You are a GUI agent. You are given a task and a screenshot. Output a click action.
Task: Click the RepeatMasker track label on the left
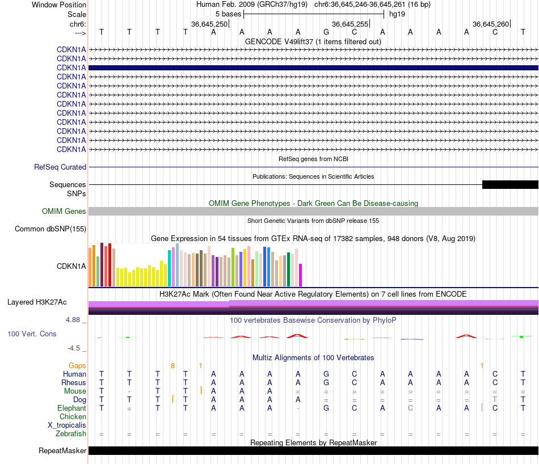tap(62, 451)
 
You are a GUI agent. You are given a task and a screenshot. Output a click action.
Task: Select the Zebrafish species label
tap(71, 434)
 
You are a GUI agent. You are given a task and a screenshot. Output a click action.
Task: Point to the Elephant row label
tap(71, 408)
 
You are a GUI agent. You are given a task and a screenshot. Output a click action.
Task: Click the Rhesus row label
tap(74, 382)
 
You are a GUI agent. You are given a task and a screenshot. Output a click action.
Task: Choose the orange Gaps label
tap(77, 365)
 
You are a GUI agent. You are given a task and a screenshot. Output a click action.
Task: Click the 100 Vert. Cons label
tap(32, 334)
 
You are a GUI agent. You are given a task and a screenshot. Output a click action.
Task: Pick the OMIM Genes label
tap(64, 211)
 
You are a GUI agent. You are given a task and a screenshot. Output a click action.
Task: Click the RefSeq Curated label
tap(60, 167)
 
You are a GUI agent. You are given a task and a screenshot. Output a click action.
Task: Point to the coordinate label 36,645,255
tap(349, 24)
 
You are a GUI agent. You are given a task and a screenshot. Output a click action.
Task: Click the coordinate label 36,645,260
tap(490, 24)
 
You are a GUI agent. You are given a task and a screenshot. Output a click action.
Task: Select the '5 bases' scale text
tap(228, 14)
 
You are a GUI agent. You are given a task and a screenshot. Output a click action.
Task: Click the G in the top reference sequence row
tap(326, 32)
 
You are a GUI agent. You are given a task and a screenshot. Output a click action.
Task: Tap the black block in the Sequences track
tap(509, 184)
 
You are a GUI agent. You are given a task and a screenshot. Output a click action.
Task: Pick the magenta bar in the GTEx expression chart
tap(301, 275)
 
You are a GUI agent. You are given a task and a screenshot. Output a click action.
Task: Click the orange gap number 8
tap(172, 365)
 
